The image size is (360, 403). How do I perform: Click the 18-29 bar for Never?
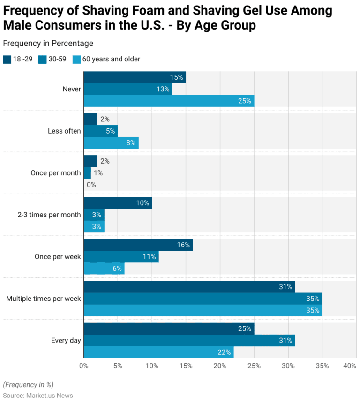(x=135, y=77)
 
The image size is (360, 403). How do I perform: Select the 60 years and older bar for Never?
(x=169, y=101)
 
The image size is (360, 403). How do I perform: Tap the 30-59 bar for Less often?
(x=101, y=131)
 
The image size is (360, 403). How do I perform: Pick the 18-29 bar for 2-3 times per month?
(x=118, y=203)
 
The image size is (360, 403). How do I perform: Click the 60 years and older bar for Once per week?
(x=104, y=269)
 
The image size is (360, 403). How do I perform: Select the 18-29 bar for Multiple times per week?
(x=189, y=287)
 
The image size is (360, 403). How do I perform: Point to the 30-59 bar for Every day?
(x=189, y=340)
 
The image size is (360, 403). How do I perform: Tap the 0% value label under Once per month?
(x=91, y=185)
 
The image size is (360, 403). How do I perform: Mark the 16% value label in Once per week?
(x=183, y=245)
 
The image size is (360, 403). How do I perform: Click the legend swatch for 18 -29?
(x=7, y=59)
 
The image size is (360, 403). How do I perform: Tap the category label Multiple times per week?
(x=43, y=299)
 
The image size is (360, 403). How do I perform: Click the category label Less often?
(x=64, y=131)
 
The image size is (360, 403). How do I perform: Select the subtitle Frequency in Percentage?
(x=48, y=43)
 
